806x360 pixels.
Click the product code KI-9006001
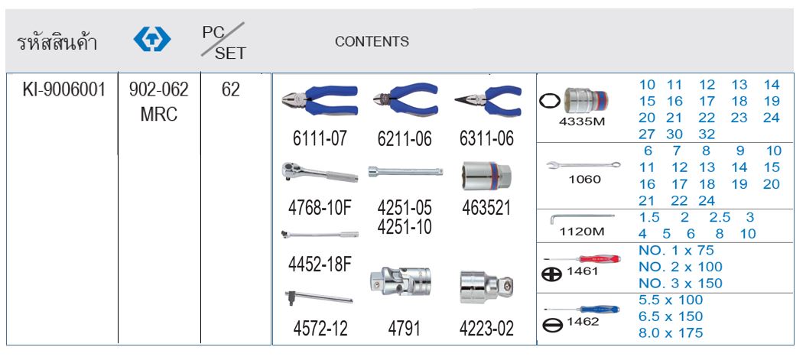[x=63, y=90]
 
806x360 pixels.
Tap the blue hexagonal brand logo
[x=152, y=40]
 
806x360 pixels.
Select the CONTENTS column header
[x=372, y=41]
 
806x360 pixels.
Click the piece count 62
[x=231, y=90]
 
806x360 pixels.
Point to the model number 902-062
[x=159, y=90]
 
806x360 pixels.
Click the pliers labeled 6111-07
[x=319, y=101]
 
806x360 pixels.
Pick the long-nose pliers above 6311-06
[x=488, y=101]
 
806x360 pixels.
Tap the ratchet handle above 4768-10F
[x=320, y=173]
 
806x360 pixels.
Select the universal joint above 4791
[x=400, y=281]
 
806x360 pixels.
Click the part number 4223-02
[x=486, y=329]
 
